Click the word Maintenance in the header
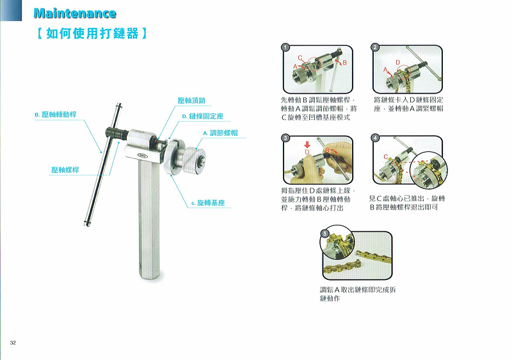point(75,13)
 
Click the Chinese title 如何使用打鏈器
point(92,34)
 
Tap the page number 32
point(13,342)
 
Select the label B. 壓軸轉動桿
point(56,115)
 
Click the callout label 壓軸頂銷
point(191,101)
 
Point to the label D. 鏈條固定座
point(203,117)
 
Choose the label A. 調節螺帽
point(220,133)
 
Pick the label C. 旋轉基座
point(208,203)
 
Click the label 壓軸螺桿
point(65,170)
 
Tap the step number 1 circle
point(285,47)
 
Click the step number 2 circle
point(375,47)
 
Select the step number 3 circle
point(285,138)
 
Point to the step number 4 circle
point(375,138)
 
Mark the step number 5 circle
point(324,234)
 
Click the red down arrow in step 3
point(307,144)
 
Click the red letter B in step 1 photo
point(344,62)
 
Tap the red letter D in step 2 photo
point(397,62)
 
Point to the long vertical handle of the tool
point(150,219)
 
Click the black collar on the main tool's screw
point(117,133)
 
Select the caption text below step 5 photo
point(358,294)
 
